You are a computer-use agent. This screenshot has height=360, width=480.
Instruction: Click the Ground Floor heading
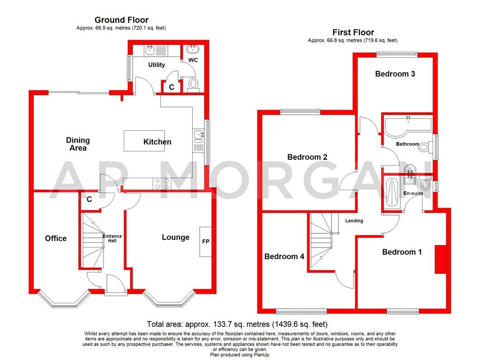121,20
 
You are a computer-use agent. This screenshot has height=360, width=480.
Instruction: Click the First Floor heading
353,32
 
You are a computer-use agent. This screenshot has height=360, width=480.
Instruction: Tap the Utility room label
157,65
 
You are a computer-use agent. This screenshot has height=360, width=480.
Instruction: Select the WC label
193,60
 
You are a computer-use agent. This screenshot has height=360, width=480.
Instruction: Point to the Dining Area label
78,144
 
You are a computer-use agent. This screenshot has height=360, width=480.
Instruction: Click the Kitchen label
157,142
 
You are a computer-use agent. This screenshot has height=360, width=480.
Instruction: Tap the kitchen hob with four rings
161,184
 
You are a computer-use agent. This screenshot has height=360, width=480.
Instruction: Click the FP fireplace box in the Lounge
205,241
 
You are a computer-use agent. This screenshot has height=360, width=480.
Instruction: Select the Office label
56,238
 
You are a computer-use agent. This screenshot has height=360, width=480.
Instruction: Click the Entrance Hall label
112,238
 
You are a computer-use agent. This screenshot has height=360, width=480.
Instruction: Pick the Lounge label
176,237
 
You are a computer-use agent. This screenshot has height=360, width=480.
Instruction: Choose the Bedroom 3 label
395,74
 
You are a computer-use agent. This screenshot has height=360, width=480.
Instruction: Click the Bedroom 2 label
307,157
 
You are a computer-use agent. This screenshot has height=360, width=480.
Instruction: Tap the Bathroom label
407,144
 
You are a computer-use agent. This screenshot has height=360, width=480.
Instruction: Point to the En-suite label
413,193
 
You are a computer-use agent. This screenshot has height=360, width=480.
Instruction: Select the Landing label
354,220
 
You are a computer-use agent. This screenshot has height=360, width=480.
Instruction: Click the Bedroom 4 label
285,256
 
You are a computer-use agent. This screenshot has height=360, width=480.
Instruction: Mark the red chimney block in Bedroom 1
440,259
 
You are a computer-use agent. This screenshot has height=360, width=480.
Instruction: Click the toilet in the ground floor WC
193,84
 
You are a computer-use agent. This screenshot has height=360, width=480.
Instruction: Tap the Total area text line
237,324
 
